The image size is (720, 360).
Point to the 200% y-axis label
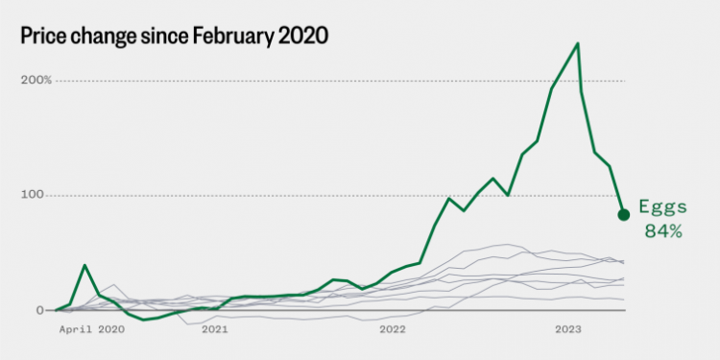pyautogui.click(x=37, y=80)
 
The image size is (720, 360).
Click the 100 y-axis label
pyautogui.click(x=35, y=195)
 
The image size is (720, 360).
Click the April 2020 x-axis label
pyautogui.click(x=92, y=329)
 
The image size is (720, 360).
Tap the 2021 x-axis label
pyautogui.click(x=215, y=329)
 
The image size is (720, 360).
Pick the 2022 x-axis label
pyautogui.click(x=393, y=329)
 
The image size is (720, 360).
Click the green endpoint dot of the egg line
pyautogui.click(x=623, y=213)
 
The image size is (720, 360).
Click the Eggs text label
pyautogui.click(x=661, y=209)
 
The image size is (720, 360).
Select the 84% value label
pyautogui.click(x=662, y=230)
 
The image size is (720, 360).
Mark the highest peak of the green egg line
pyautogui.click(x=577, y=43)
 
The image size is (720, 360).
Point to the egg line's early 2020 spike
pyautogui.click(x=84, y=265)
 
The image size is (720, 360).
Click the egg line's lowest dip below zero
pyautogui.click(x=144, y=320)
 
